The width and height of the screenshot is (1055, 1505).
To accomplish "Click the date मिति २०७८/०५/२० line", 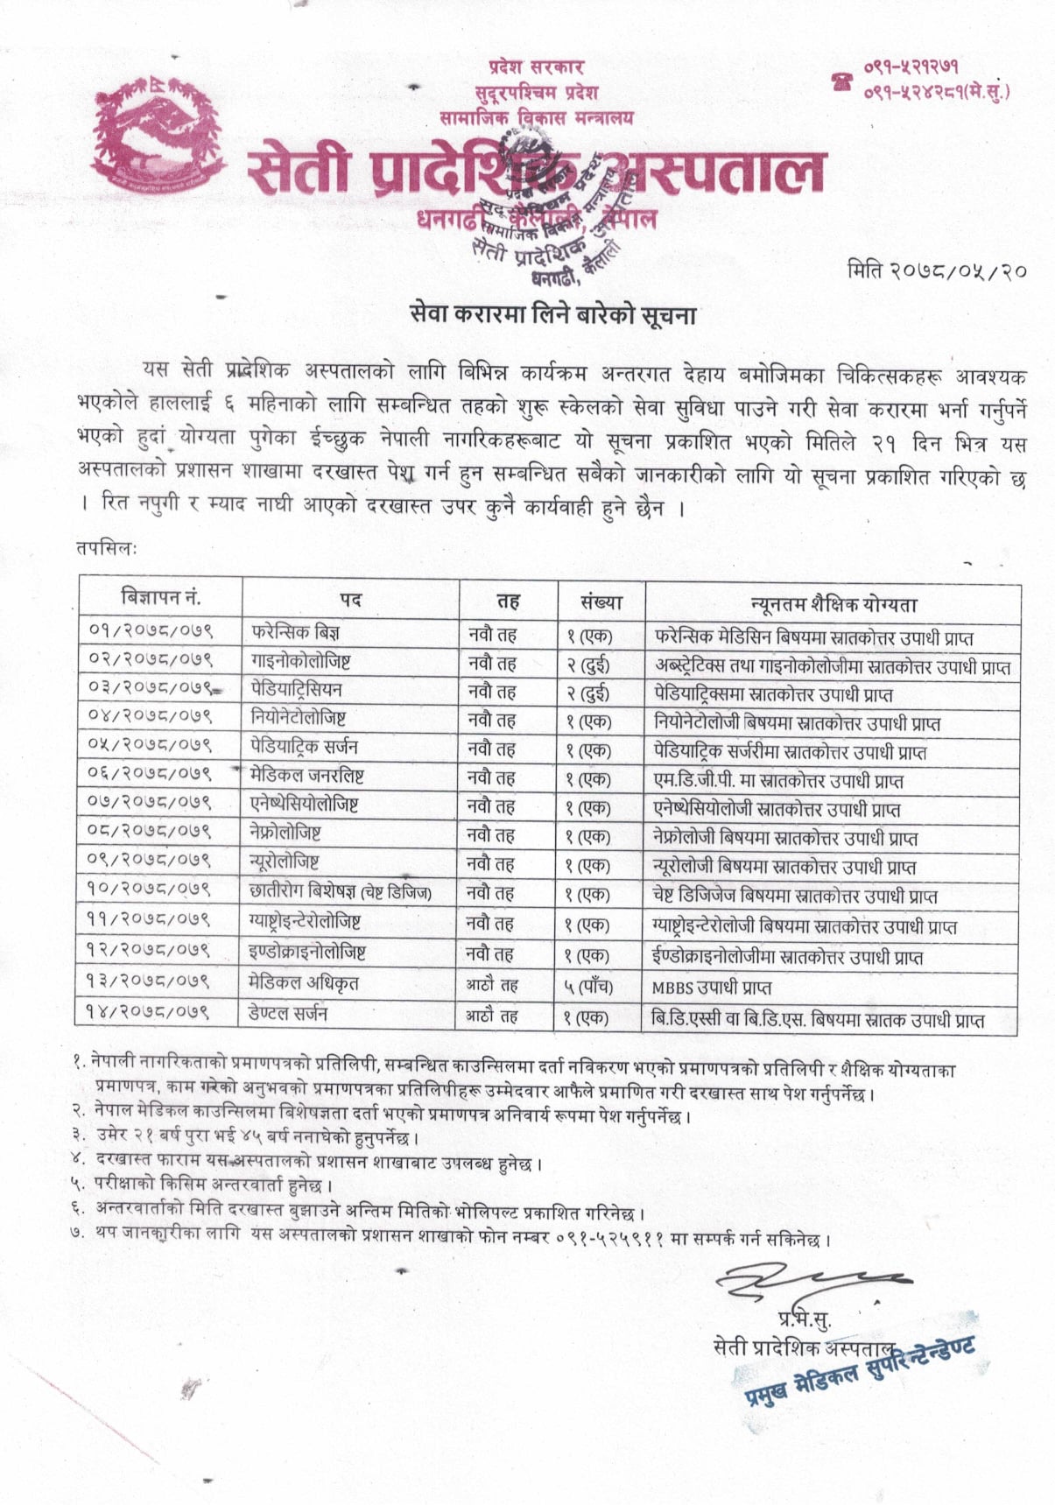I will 936,271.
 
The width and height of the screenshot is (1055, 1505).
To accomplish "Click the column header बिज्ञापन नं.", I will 160,598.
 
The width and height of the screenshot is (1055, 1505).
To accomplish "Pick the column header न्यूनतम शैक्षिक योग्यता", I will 833,604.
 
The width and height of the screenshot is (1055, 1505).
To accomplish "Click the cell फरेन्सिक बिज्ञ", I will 295,632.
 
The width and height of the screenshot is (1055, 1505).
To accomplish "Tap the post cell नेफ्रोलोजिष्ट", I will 285,833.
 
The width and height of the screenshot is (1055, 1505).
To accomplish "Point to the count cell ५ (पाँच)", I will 587,987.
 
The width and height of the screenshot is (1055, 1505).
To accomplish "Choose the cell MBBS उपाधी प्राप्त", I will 711,988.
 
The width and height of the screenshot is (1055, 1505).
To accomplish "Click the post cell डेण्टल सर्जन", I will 288,1014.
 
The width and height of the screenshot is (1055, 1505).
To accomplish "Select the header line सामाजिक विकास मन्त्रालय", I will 535,117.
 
